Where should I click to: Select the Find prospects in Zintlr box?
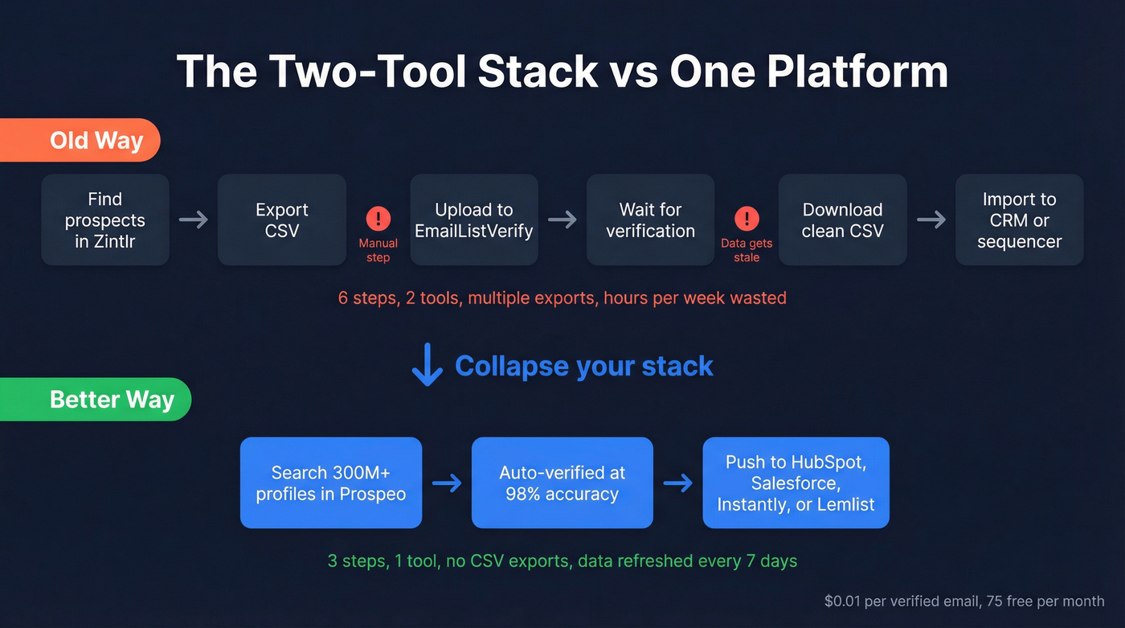coord(105,220)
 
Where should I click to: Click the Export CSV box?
coord(281,220)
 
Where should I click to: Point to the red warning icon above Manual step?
coord(378,218)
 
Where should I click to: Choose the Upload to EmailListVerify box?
coord(473,220)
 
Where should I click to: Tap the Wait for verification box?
coord(650,220)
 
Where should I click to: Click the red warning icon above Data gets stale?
coord(747,218)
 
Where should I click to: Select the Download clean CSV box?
coord(842,220)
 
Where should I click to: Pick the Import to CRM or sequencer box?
coord(1019,220)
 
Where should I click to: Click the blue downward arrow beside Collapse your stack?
coord(427,365)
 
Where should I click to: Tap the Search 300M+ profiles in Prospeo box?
coord(331,483)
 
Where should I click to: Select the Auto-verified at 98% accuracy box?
coord(562,483)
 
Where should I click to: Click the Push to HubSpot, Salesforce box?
coord(796,483)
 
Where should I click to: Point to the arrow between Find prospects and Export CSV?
coord(194,220)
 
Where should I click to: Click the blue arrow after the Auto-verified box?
coord(678,483)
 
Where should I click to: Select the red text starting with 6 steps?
coord(562,298)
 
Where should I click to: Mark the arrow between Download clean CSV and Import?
coord(931,220)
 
